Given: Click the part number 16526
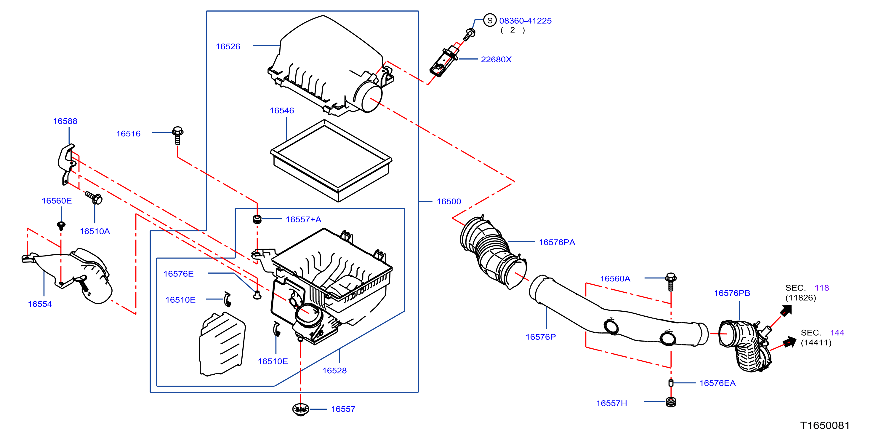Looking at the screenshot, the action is point(228,46).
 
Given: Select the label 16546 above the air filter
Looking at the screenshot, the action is point(282,111).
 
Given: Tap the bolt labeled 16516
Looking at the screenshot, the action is point(177,135).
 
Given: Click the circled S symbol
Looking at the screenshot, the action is point(490,20).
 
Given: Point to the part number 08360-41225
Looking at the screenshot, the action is point(525,21).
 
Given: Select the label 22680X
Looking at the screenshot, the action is point(496,59).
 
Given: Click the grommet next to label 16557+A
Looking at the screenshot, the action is point(257,219).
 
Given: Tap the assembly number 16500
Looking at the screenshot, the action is point(449,202).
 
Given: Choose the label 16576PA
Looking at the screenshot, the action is point(557,242).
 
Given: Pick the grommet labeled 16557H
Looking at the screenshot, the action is point(671,401).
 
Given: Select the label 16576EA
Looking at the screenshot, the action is point(718,383).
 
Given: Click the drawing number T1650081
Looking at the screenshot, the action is point(825,425).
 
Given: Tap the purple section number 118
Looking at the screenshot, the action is point(822,288).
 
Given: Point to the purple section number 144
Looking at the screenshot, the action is point(837,332).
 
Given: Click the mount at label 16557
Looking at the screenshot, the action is point(301,409).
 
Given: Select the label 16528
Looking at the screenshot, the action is point(334,371).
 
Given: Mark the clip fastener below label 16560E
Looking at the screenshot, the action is point(61,226).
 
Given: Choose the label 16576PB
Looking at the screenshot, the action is point(732,293).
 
